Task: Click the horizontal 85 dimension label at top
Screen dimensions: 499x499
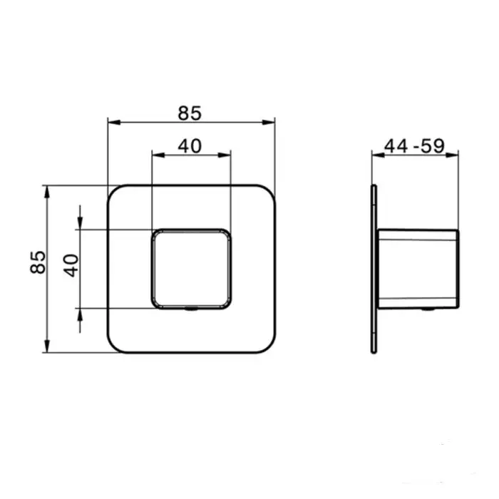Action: tap(190, 113)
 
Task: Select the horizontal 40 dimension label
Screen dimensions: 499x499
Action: tap(190, 146)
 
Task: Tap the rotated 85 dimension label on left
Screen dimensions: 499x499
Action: tap(38, 262)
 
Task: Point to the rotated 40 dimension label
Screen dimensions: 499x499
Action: tap(71, 265)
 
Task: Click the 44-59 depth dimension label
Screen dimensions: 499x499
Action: tap(414, 146)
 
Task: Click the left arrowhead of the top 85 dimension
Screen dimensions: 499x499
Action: tap(114, 122)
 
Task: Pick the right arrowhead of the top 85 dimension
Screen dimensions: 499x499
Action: tap(269, 122)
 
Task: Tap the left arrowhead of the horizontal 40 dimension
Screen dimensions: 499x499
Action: tap(158, 155)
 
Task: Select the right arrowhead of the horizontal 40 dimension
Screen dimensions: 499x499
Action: tap(225, 155)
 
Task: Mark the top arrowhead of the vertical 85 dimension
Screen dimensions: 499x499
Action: tap(47, 192)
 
